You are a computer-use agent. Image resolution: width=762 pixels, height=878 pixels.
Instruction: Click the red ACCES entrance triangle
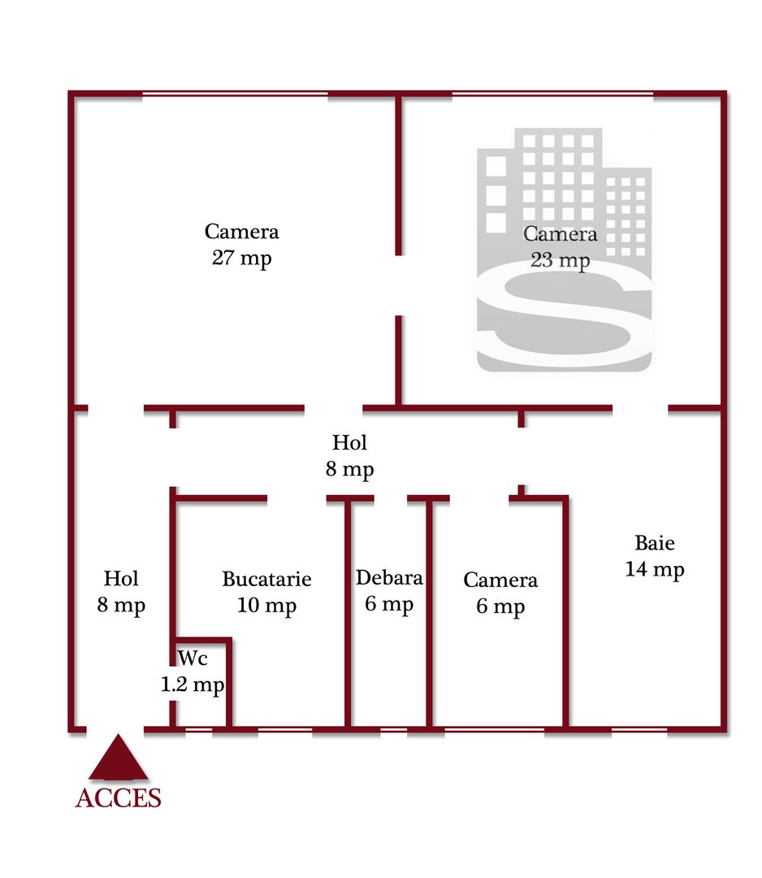[x=119, y=759]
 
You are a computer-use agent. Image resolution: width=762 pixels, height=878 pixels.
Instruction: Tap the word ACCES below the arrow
[x=119, y=798]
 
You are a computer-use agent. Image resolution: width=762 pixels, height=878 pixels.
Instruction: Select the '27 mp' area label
[x=242, y=259]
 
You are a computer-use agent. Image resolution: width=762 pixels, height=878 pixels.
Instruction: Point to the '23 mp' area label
[x=561, y=260]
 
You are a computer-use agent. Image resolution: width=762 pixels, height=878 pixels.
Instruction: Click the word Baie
[x=655, y=543]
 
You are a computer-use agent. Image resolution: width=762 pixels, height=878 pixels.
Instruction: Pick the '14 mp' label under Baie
[x=655, y=569]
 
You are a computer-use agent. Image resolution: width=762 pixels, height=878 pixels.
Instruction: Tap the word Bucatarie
[x=266, y=580]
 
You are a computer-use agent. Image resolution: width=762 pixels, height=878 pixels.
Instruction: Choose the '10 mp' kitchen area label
[x=266, y=606]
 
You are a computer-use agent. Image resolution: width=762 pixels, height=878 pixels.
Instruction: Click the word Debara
[x=389, y=578]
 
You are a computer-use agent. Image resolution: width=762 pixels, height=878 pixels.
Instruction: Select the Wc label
[x=192, y=657]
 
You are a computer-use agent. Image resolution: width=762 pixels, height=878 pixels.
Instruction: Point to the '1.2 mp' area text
[x=192, y=685]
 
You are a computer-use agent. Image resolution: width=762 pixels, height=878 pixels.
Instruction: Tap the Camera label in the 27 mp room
[x=242, y=232]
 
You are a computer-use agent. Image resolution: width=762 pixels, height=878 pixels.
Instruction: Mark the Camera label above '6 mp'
[x=500, y=580]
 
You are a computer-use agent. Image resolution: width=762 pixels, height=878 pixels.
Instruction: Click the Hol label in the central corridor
[x=350, y=443]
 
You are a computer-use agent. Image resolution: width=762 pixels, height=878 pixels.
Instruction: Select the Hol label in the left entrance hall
[x=121, y=579]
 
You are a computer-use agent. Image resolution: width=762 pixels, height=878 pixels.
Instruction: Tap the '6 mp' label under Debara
[x=389, y=604]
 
